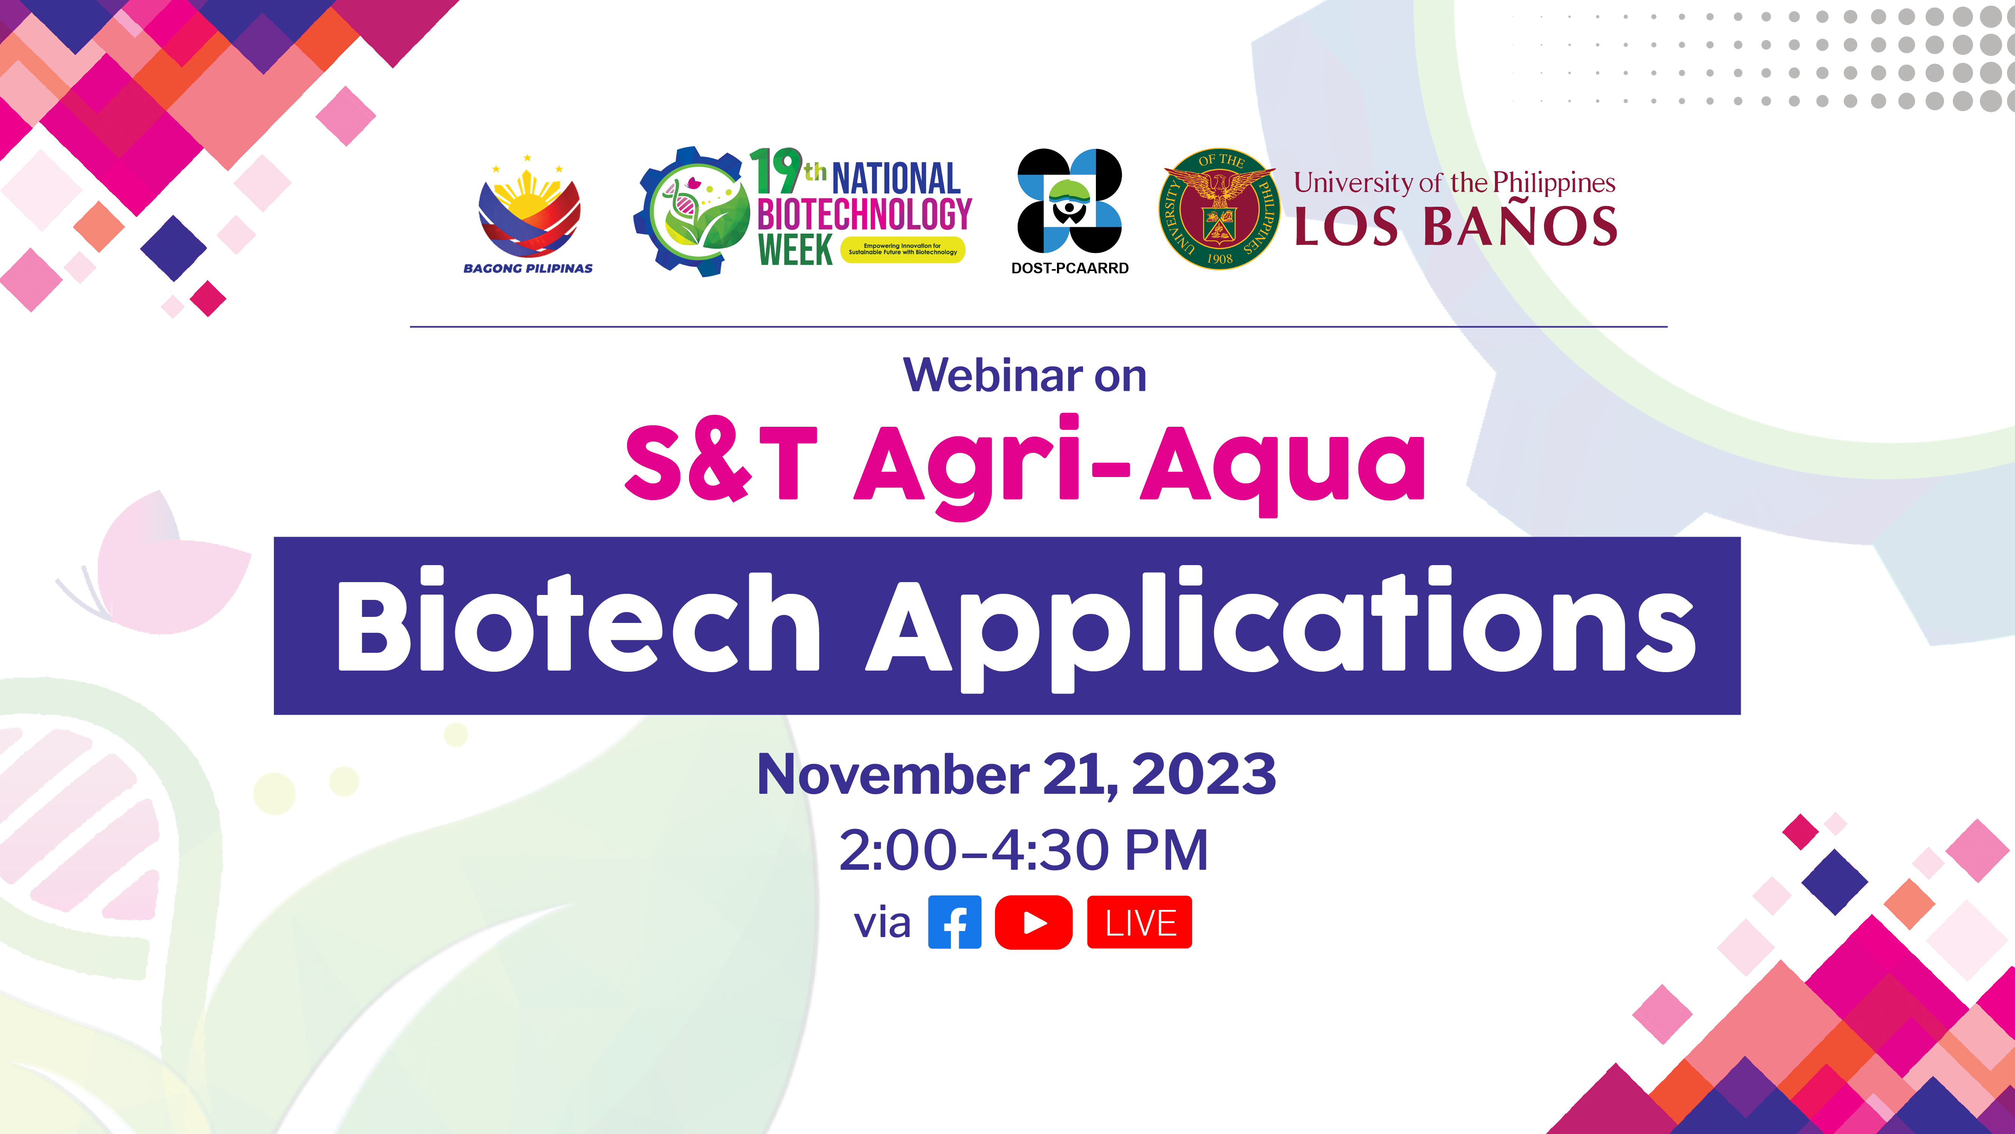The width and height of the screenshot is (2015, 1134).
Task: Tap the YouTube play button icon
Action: point(1033,923)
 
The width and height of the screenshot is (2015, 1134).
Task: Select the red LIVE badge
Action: point(1140,923)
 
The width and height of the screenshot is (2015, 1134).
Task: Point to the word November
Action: point(893,775)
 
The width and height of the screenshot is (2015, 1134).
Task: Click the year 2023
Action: point(1204,775)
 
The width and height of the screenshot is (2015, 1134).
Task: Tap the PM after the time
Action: point(1166,851)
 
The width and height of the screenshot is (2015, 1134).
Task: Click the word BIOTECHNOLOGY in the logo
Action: point(864,214)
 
